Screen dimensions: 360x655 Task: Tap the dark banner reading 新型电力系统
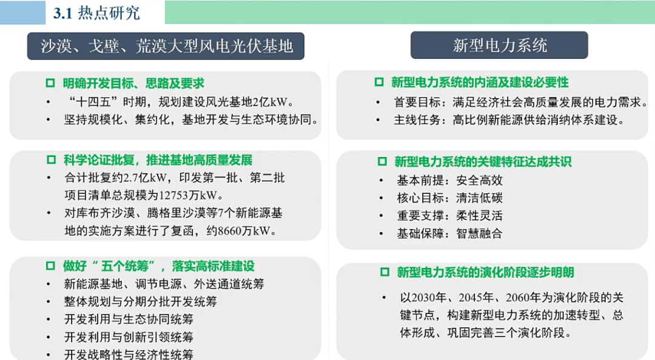pos(499,45)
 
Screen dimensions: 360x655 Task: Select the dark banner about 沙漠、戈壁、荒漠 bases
pos(166,46)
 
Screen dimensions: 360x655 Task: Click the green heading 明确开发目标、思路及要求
pos(133,83)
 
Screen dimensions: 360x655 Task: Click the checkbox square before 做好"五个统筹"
pos(51,265)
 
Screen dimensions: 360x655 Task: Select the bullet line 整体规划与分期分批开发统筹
pos(139,301)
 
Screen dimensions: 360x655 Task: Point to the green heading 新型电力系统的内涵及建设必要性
pos(479,82)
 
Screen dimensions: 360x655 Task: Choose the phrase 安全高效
pos(479,180)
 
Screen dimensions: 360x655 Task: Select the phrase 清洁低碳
pos(479,198)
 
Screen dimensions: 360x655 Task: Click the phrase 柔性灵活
pos(479,215)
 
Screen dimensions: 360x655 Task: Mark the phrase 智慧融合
pos(479,233)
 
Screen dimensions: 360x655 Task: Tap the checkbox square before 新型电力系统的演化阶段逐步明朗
pos(384,272)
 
